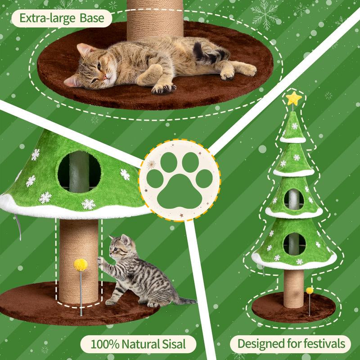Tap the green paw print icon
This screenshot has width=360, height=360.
[180, 180]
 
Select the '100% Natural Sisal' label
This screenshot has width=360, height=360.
[138, 345]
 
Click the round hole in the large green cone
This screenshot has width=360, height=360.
[79, 170]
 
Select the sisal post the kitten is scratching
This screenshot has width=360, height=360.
[79, 252]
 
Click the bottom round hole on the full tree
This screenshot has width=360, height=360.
[294, 244]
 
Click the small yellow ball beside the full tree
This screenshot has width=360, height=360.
[310, 291]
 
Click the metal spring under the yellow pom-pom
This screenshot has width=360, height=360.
[81, 292]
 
